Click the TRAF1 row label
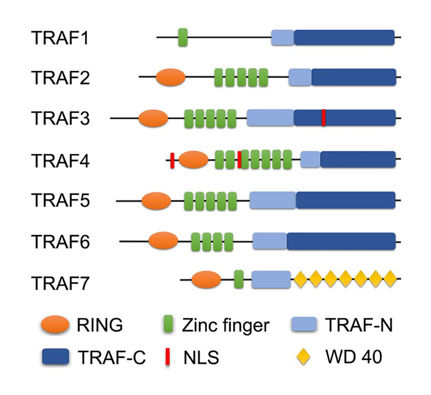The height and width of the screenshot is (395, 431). coord(60,37)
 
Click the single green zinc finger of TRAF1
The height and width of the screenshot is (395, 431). coord(183,37)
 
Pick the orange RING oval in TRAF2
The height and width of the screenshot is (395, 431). coord(171,78)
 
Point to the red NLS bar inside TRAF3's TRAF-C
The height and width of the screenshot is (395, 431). coord(323,118)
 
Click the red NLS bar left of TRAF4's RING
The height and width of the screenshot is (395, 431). coord(173,160)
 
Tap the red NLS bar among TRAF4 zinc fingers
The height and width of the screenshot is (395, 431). coord(239,159)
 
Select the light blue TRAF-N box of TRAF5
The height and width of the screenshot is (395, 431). coord(272,200)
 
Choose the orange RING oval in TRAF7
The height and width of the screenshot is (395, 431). coord(206,279)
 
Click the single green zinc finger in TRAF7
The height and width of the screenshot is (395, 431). coord(239,279)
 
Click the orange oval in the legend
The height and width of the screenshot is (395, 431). coord(55,325)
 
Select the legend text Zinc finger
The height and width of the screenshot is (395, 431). coord(225,326)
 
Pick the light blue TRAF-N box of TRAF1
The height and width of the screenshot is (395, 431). coord(282,37)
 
